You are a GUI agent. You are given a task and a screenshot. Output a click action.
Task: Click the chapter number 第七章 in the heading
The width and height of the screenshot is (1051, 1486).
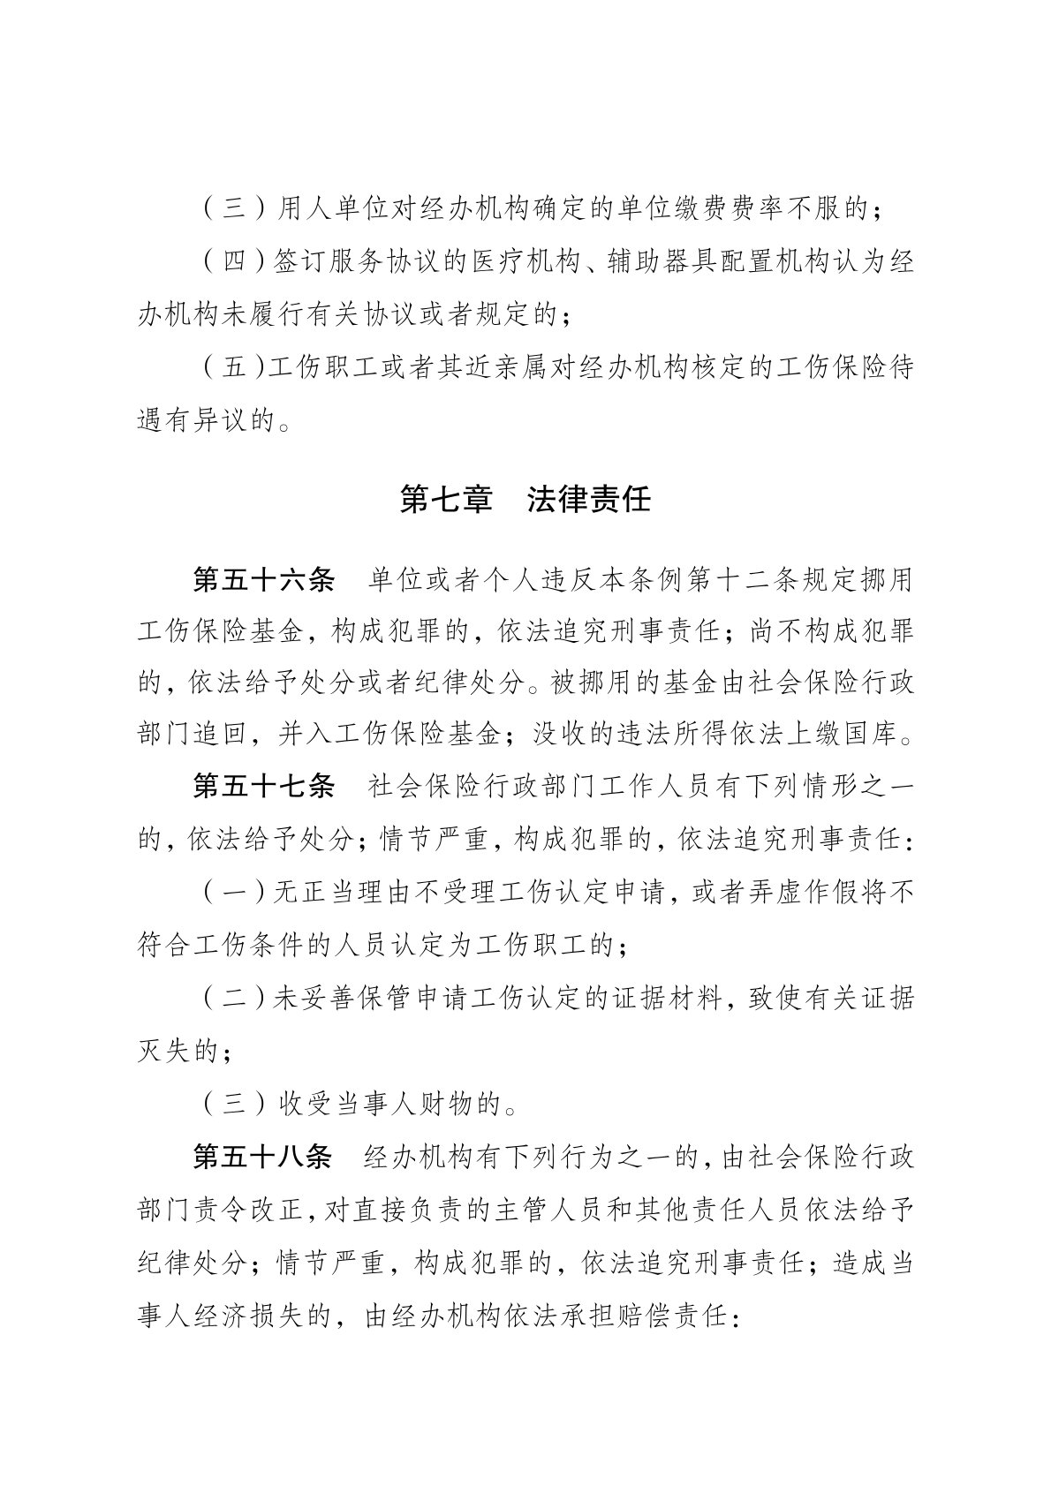[x=446, y=500]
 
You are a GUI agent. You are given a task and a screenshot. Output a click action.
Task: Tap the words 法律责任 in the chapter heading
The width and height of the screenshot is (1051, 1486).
[x=589, y=500]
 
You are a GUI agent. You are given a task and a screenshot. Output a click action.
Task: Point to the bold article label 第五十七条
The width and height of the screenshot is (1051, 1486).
[x=262, y=786]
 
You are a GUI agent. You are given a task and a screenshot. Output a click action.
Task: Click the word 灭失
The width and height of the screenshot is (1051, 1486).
[x=165, y=1051]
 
